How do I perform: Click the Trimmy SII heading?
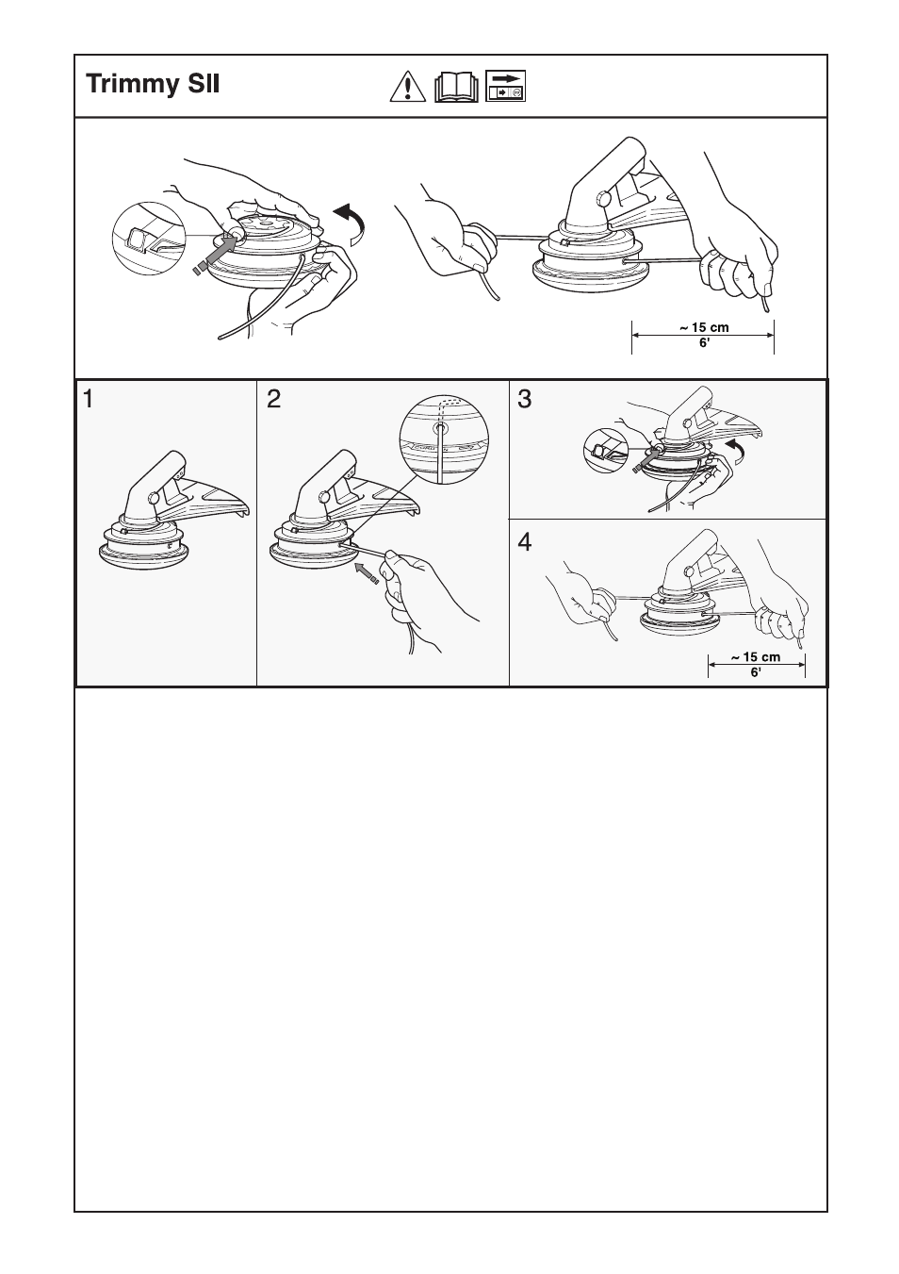153,85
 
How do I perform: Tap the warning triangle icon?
406,87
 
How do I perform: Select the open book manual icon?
457,88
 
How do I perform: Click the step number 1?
88,400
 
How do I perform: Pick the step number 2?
273,400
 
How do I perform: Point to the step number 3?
525,400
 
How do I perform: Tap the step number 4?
525,542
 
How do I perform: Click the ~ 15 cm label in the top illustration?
702,328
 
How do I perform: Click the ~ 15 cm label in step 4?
756,657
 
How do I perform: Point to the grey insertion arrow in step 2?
367,570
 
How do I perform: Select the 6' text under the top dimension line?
702,343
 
